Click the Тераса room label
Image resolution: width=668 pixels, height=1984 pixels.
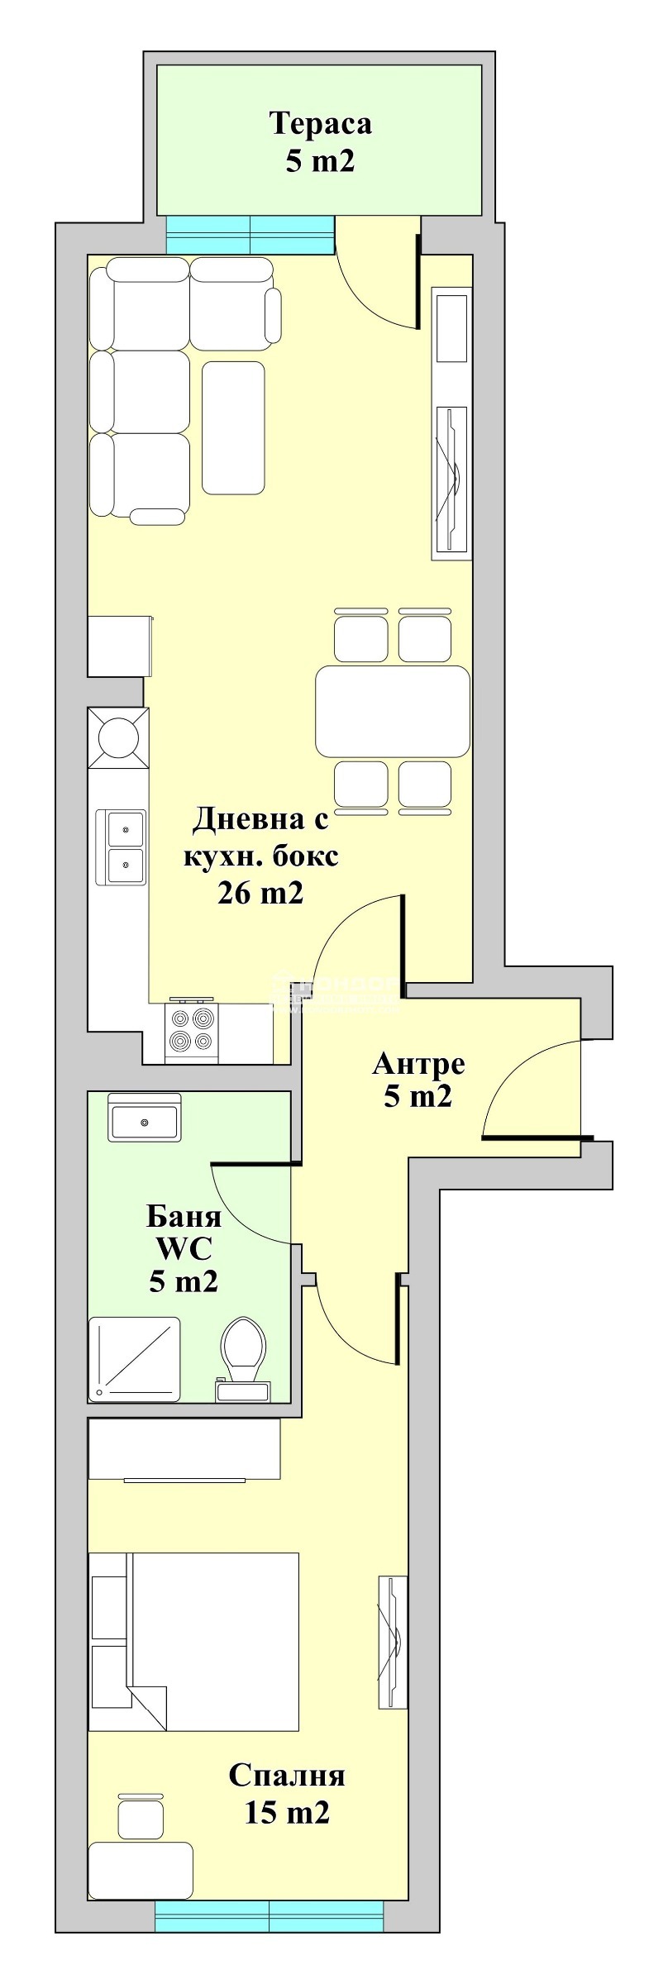320,124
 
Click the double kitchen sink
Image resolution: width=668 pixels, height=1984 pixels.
121,846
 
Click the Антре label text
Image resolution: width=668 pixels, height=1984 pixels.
418,1063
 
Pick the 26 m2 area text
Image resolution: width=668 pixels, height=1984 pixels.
260,893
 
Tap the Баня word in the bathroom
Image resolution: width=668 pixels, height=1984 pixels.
184,1217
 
